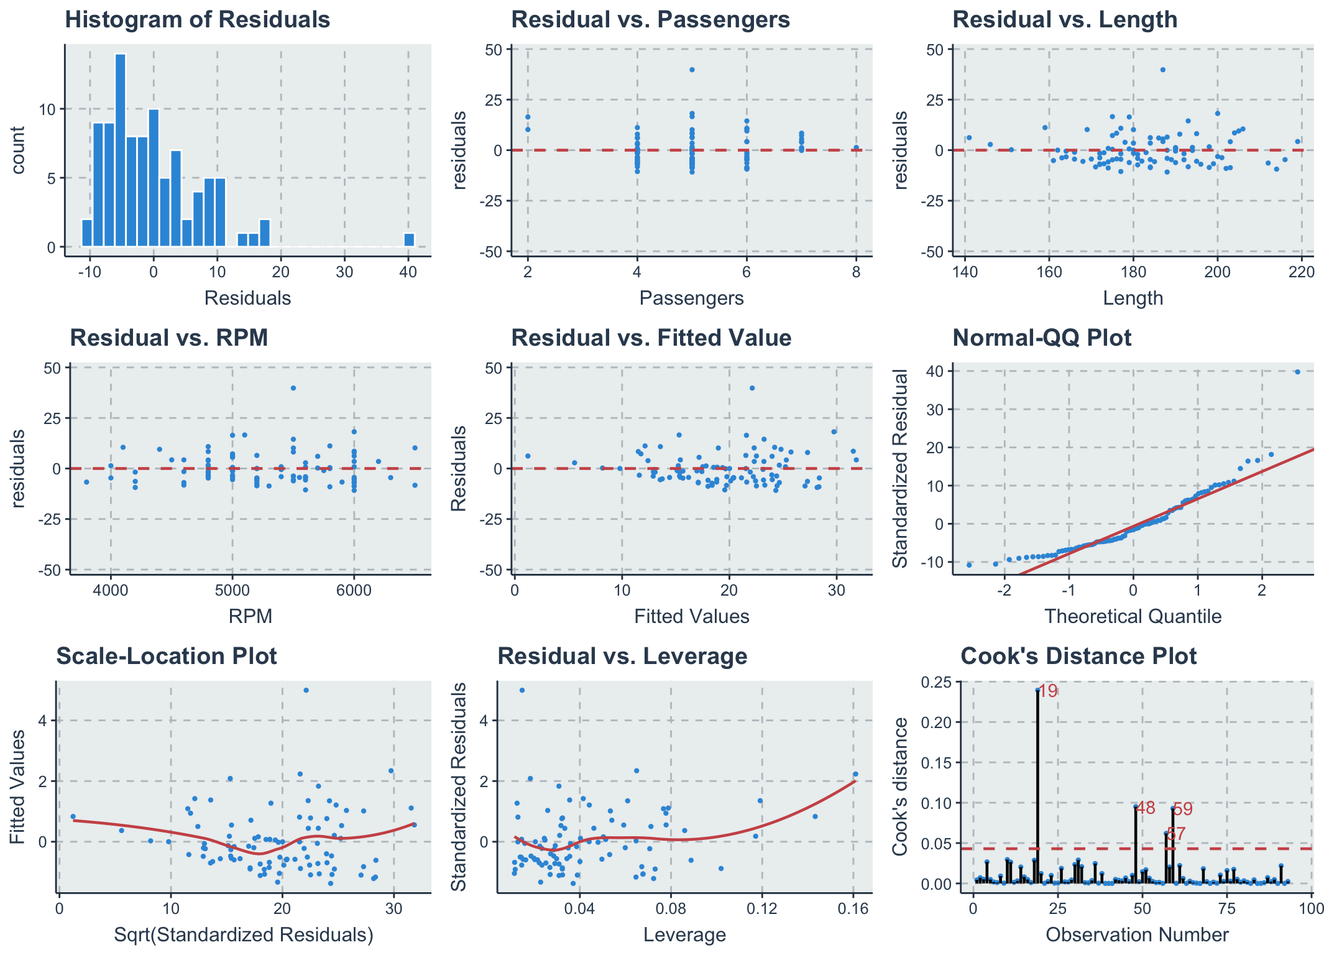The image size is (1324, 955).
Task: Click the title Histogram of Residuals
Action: (x=197, y=20)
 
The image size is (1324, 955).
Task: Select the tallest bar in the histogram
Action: (x=121, y=150)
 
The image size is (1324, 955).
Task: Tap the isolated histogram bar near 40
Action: (x=409, y=240)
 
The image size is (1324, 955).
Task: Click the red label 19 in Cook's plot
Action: (x=1048, y=691)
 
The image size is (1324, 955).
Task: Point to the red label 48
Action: (x=1145, y=808)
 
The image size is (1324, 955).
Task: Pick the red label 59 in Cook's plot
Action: (x=1183, y=809)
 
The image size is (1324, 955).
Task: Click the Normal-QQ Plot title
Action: (x=1042, y=338)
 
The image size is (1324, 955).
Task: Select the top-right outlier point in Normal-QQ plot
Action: (x=1297, y=372)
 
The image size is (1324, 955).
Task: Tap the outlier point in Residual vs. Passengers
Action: (x=692, y=70)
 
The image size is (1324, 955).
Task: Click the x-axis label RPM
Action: (x=251, y=616)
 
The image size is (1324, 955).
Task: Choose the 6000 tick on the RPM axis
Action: (x=354, y=589)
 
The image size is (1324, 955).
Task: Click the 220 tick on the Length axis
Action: (x=1302, y=272)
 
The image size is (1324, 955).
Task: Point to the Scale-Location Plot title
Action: (x=167, y=656)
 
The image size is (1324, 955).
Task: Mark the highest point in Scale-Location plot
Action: (x=306, y=690)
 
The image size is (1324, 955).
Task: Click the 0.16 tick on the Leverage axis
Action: (x=853, y=908)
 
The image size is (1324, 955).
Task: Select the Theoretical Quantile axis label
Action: (x=1133, y=616)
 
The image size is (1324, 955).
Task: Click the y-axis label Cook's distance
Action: (x=899, y=786)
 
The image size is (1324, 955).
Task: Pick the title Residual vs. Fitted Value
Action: (x=651, y=338)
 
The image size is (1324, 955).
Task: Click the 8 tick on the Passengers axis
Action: (x=856, y=272)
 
